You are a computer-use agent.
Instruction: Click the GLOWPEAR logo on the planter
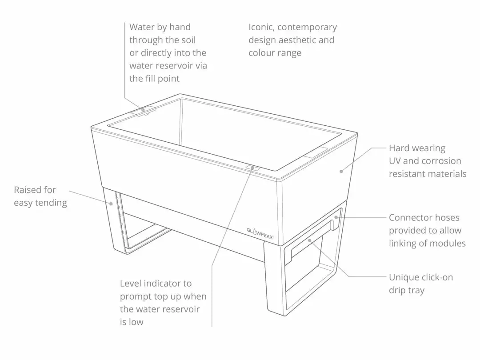(x=260, y=233)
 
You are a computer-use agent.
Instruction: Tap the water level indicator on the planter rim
(x=252, y=168)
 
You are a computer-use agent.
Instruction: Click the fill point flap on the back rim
(x=143, y=110)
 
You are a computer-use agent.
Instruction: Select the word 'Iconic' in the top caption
(x=261, y=28)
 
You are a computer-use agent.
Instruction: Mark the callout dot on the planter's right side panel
(x=341, y=172)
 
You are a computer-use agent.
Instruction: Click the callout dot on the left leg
(x=111, y=204)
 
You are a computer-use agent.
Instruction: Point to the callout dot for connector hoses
(x=336, y=217)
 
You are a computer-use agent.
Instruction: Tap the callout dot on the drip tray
(x=310, y=240)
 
